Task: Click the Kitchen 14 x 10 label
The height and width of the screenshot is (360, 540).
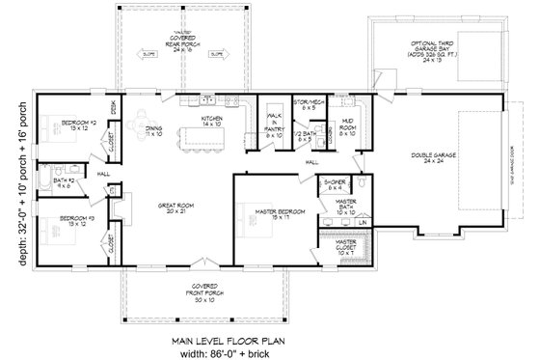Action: (212, 122)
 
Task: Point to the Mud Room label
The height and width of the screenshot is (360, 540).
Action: (347, 126)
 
